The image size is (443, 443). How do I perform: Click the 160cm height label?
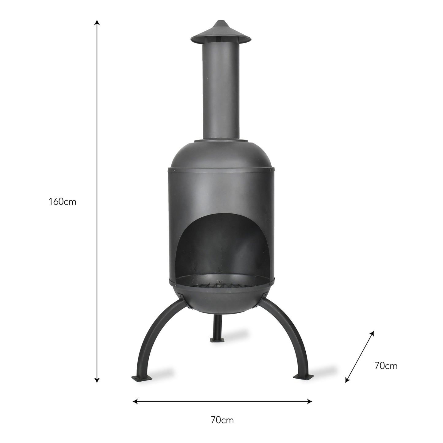pyautogui.click(x=62, y=202)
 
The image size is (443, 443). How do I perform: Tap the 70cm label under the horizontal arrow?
pyautogui.click(x=222, y=420)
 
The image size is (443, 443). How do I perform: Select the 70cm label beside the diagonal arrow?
pyautogui.click(x=386, y=366)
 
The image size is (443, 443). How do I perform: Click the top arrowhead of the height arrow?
pyautogui.click(x=97, y=22)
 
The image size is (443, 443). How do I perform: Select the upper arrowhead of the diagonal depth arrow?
pyautogui.click(x=372, y=333)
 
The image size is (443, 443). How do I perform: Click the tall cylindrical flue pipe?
pyautogui.click(x=221, y=92)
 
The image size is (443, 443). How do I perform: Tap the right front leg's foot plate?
pyautogui.click(x=304, y=376)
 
